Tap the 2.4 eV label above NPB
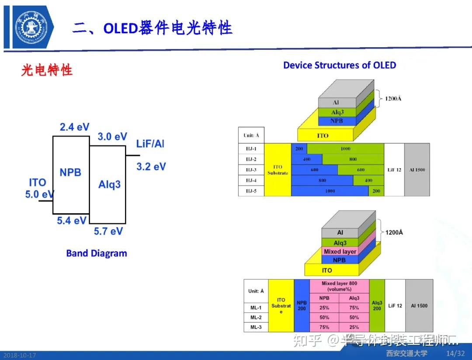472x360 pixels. (x=74, y=127)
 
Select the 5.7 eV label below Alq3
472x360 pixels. (x=108, y=231)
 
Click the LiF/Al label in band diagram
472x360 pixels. (x=150, y=144)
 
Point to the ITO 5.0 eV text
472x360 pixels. (x=38, y=188)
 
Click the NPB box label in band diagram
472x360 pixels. (x=70, y=172)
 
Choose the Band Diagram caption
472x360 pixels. (x=97, y=253)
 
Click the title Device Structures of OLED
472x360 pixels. (x=340, y=66)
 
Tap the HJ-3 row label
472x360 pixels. (x=251, y=170)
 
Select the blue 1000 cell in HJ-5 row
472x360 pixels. (x=330, y=191)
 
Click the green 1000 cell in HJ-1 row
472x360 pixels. (x=345, y=149)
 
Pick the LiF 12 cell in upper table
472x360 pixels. (x=394, y=170)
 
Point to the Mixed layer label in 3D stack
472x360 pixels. (x=340, y=251)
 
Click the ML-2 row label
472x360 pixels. (x=256, y=317)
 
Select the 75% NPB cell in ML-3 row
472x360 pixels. (x=324, y=327)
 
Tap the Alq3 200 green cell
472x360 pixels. (x=377, y=305)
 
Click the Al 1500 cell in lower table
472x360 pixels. (x=419, y=305)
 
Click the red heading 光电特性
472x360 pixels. (x=47, y=70)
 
